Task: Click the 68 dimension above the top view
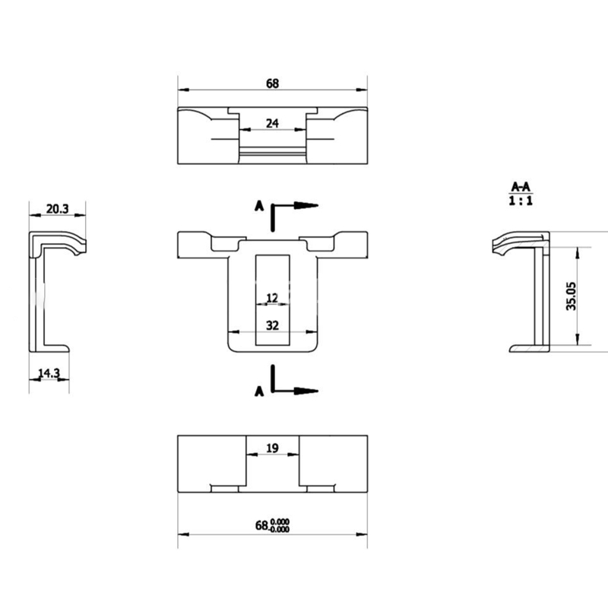click(x=272, y=84)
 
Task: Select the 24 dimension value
click(x=272, y=123)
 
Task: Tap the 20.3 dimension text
click(x=58, y=209)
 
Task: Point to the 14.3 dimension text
click(x=49, y=373)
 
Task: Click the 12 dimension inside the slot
click(x=272, y=298)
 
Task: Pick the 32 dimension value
click(x=272, y=325)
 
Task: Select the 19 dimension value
click(x=272, y=448)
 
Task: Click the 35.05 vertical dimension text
click(x=571, y=296)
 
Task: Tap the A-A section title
click(x=521, y=187)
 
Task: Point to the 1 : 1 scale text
click(x=521, y=201)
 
